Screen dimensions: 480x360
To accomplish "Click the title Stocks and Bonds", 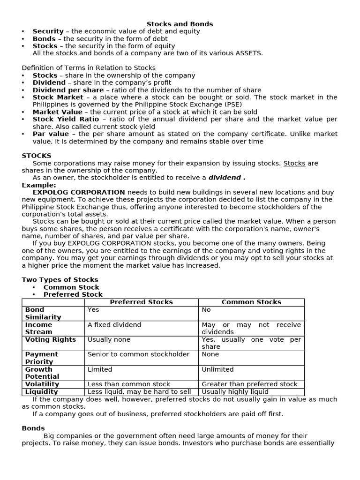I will (x=180, y=24).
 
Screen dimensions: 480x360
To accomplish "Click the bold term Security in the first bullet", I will (x=48, y=31).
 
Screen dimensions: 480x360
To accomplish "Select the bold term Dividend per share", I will (x=68, y=90).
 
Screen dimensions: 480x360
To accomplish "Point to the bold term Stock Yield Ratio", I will (x=66, y=119).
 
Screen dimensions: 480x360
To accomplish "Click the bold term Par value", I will (x=51, y=134).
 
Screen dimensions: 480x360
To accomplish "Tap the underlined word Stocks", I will (x=294, y=163).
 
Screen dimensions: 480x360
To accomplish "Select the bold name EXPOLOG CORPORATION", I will (x=79, y=192).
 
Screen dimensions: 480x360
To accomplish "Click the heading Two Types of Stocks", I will (x=60, y=280).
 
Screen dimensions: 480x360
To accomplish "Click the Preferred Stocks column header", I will (x=141, y=302).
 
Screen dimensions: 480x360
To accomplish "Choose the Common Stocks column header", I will (x=251, y=302).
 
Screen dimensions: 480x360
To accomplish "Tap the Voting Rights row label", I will (x=50, y=339).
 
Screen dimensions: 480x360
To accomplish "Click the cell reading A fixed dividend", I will (x=114, y=325).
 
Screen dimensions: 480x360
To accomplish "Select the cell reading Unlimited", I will (x=217, y=369).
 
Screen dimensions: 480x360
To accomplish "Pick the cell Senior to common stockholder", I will (x=138, y=354).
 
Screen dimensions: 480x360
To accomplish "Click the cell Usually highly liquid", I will (x=235, y=391).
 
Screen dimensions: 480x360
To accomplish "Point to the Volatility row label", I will (x=42, y=384).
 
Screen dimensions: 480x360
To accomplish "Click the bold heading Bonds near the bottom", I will (x=33, y=428).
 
